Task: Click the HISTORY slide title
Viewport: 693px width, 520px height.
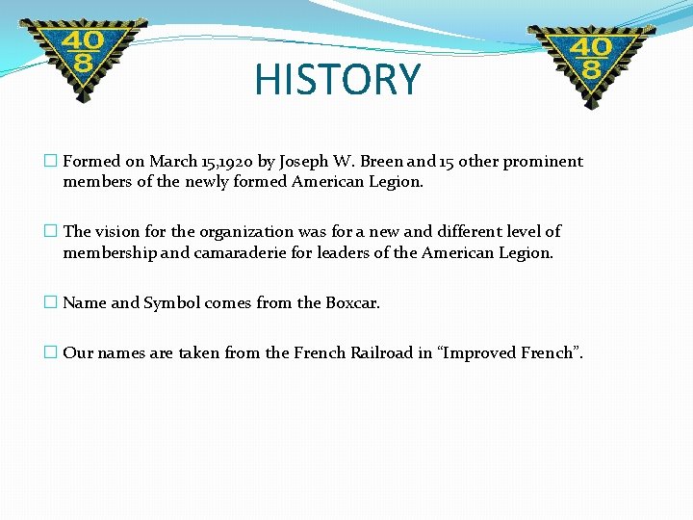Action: (338, 80)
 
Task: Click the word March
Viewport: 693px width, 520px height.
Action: (173, 162)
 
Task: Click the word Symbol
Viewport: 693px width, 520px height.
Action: (172, 302)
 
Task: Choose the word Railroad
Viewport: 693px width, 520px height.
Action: (373, 352)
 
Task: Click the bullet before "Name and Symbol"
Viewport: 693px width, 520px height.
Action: (51, 302)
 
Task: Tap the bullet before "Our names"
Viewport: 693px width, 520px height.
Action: (51, 352)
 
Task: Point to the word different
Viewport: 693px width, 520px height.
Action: (447, 231)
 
